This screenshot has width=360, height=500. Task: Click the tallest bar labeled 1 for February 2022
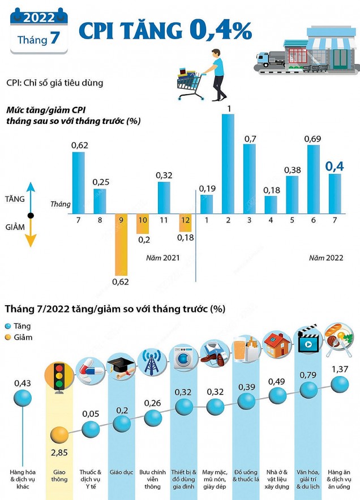coord(228,163)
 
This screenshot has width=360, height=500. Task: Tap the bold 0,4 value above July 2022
coord(335,166)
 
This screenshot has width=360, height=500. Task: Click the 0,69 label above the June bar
coord(313,138)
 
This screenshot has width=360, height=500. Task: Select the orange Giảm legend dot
coord(8,337)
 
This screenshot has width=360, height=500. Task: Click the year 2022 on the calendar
coord(38,18)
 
